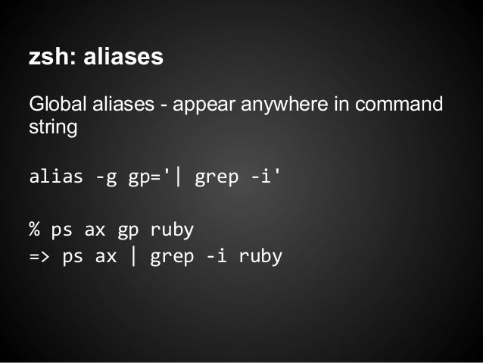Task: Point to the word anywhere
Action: [288, 103]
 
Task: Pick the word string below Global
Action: [52, 126]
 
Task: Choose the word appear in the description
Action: [199, 103]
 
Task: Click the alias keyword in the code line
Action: [56, 179]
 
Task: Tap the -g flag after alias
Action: [106, 179]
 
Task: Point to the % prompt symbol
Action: [34, 230]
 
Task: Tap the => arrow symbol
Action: [39, 256]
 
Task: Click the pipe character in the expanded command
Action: [134, 256]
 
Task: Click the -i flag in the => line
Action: [217, 256]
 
